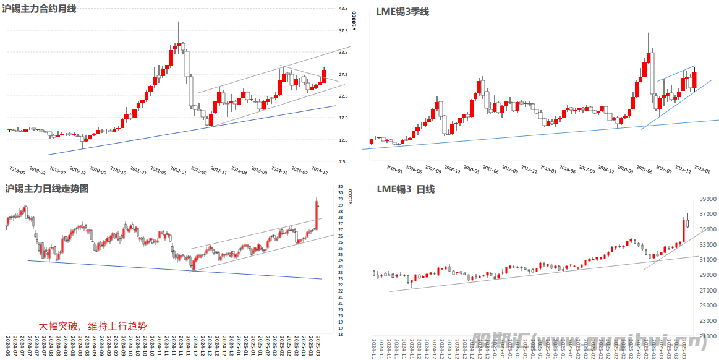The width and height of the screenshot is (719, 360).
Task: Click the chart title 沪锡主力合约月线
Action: pos(40,9)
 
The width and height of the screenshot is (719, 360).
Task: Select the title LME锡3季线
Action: pos(402,12)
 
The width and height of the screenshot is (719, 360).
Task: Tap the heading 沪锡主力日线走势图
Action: pos(47,189)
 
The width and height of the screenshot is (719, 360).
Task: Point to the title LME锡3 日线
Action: pos(406,189)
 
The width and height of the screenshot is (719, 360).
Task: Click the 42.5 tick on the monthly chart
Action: pos(344,9)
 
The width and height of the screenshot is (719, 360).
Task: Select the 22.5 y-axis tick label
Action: pos(344,96)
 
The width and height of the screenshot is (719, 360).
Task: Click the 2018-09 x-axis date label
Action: pos(17,170)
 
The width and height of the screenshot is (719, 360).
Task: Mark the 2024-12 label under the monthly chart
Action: pos(320,170)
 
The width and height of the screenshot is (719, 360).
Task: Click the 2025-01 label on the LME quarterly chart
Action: pos(702,169)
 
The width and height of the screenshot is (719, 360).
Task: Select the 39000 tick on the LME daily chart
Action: pos(708,199)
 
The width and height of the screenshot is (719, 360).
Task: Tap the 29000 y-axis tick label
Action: pos(708,275)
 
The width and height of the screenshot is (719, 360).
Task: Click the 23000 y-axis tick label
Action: pos(708,321)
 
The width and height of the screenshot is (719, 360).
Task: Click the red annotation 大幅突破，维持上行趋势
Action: pos(93,326)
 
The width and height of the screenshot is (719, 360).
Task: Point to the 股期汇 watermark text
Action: pos(501,340)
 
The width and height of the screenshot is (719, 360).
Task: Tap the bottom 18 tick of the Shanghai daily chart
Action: pos(341,334)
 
